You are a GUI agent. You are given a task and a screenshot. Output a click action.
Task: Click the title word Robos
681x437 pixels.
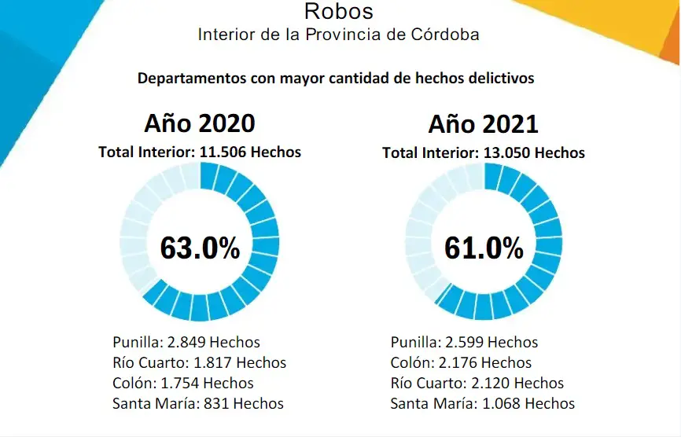339,12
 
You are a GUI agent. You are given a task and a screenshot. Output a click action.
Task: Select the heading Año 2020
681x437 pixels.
200,124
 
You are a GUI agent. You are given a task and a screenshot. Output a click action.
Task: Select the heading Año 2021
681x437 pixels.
484,124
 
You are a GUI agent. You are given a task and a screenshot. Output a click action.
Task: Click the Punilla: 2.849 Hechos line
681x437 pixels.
186,342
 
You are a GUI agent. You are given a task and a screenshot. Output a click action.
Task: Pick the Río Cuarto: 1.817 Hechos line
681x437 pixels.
200,362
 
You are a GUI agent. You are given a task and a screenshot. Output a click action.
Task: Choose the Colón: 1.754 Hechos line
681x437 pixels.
183,383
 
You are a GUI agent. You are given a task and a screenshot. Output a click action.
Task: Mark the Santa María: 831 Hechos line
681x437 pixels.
198,403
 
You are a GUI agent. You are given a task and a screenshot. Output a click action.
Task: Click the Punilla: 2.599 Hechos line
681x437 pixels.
465,342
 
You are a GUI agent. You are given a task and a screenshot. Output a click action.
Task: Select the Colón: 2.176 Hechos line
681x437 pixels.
462,362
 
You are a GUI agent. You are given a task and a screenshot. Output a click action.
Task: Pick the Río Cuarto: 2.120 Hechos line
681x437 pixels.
477,383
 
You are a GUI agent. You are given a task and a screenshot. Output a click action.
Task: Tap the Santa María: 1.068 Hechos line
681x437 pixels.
483,403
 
